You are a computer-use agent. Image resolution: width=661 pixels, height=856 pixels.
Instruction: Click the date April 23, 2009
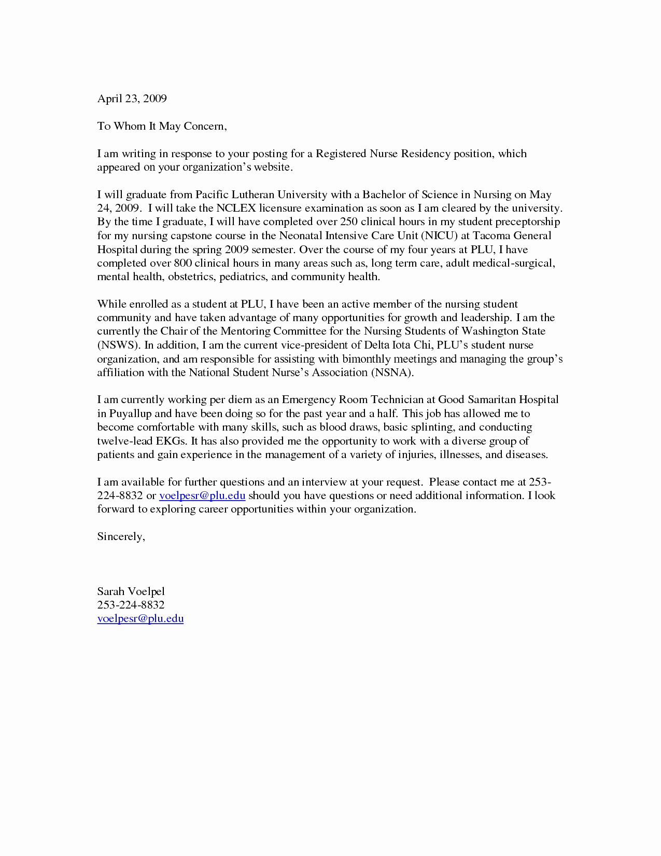(x=132, y=99)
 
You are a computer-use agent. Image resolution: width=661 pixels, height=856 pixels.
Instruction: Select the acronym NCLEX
(x=236, y=209)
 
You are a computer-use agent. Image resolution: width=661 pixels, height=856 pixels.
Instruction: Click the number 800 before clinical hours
(x=183, y=263)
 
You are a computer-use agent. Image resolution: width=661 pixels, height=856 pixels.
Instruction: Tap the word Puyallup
(x=130, y=413)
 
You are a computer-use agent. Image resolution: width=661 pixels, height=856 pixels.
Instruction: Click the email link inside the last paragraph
(x=202, y=495)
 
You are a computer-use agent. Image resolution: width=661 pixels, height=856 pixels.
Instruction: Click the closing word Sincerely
(x=121, y=536)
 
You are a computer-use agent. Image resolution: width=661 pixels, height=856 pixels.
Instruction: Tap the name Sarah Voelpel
(x=131, y=591)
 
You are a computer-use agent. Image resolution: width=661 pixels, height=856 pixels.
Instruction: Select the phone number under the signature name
(x=131, y=605)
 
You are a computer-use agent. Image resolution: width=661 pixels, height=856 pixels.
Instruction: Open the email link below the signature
(x=140, y=618)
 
